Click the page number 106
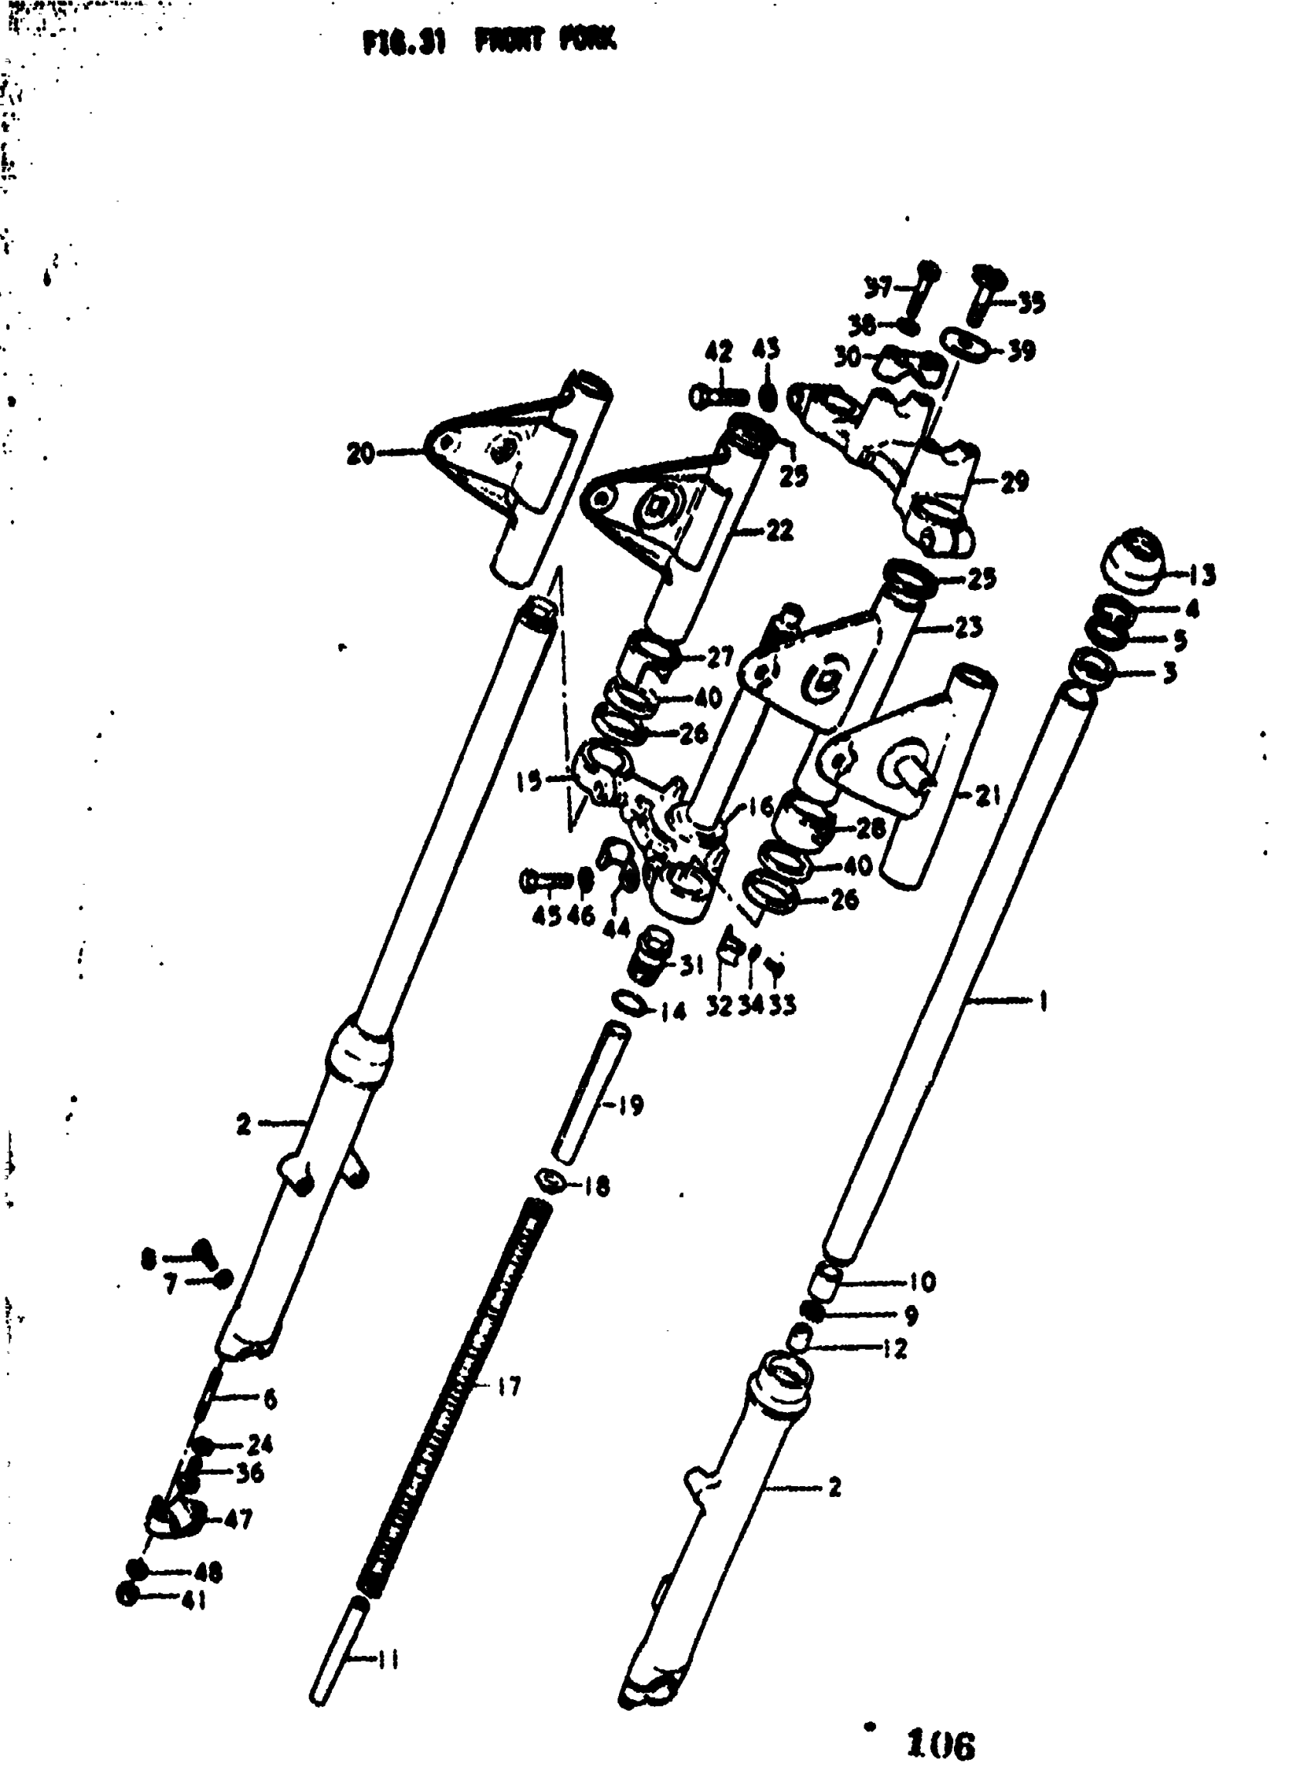point(940,1745)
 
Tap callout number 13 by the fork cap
point(1202,575)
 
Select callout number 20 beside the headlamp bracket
point(360,454)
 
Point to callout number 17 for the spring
point(509,1387)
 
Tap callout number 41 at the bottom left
point(194,1600)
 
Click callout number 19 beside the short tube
point(630,1105)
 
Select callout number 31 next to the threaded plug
point(691,965)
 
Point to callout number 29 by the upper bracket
point(1015,482)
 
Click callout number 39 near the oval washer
point(1021,350)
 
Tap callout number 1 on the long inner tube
point(1043,1001)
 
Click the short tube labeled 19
point(592,1091)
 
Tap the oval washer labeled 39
point(965,346)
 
